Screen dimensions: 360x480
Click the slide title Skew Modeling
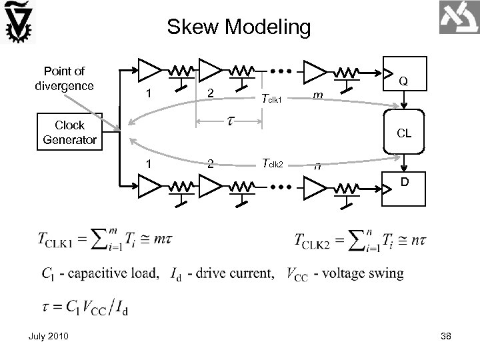click(x=239, y=27)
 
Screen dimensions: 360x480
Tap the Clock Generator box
click(x=69, y=132)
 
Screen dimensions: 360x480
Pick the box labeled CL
click(x=404, y=133)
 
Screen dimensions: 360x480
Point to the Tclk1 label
click(x=273, y=99)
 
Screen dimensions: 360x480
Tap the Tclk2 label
click(x=273, y=163)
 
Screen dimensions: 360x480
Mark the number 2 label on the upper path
click(x=210, y=93)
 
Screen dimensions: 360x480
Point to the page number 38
click(x=445, y=335)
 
